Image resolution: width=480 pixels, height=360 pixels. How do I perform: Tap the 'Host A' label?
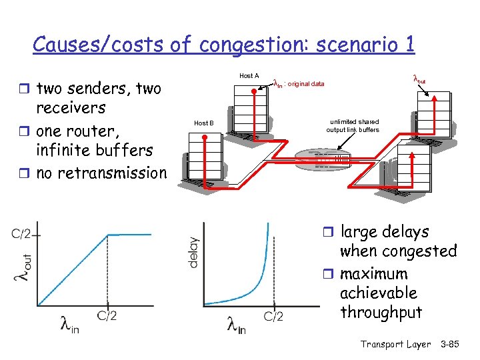(x=249, y=76)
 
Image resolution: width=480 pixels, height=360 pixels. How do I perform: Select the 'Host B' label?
(x=203, y=123)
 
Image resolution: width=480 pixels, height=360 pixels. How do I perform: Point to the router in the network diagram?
(x=322, y=159)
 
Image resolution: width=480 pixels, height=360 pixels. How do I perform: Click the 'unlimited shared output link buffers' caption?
(x=353, y=126)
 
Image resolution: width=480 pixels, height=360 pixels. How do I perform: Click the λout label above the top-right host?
(x=419, y=79)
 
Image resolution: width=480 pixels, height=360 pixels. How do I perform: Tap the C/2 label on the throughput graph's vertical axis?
(x=22, y=234)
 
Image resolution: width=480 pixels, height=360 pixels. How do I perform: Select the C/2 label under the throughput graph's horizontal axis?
(x=107, y=315)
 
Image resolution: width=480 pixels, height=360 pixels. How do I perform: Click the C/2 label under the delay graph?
(x=273, y=316)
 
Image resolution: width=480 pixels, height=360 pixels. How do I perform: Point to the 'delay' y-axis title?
(x=193, y=252)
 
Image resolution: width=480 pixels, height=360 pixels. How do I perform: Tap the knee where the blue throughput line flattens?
(x=107, y=234)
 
